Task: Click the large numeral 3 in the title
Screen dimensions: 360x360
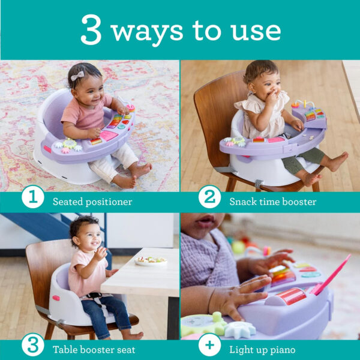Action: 91,30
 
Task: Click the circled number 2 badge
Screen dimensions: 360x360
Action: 209,199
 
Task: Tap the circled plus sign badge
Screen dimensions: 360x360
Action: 209,346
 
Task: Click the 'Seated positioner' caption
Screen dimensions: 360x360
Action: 92,202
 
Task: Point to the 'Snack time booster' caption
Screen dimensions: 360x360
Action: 272,202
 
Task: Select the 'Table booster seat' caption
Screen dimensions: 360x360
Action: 94,349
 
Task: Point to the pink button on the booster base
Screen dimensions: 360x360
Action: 56,298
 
